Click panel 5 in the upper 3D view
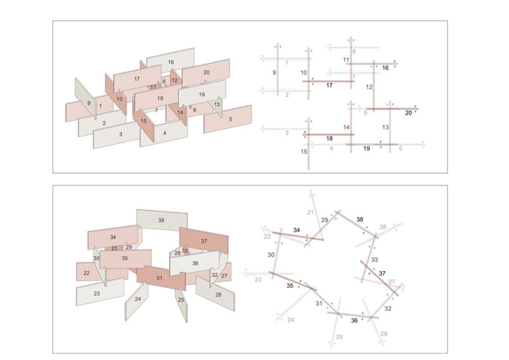coord(230,119)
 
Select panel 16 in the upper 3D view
coord(170,63)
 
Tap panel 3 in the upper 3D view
coord(120,134)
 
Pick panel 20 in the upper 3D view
coord(206,73)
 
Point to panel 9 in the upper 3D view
coord(89,103)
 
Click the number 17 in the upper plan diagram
coord(330,85)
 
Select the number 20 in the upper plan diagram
coord(408,113)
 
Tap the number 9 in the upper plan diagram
coord(274,73)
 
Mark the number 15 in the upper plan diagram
coord(304,151)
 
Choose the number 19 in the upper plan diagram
coord(367,149)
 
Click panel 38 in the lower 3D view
coord(161,220)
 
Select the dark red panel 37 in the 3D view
coord(203,241)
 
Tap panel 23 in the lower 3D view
coord(96,293)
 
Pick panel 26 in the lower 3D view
coord(218,295)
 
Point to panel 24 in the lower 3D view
coord(138,299)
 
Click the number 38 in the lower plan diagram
coord(360,219)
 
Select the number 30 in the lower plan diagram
coord(271,255)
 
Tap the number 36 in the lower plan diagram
coord(354,321)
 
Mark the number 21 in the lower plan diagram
coord(311,213)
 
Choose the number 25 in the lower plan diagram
coord(339,337)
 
